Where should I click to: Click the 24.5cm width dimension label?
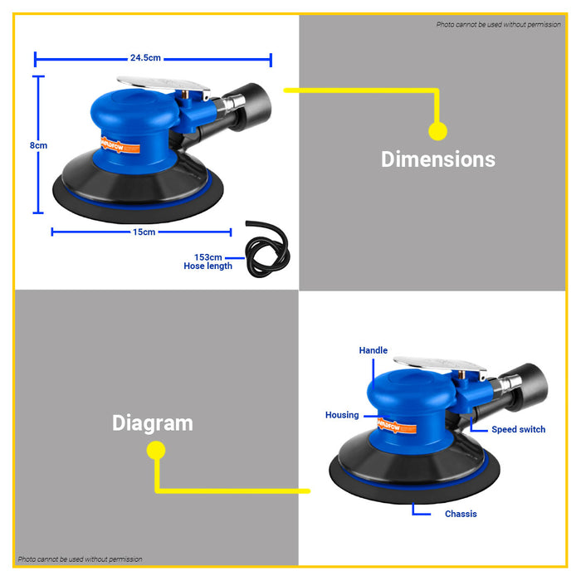coord(145,58)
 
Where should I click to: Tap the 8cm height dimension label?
coord(38,145)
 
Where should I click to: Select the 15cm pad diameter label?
coord(144,232)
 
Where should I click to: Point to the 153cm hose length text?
coord(207,261)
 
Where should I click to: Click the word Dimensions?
coord(438,159)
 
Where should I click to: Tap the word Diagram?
coord(152,423)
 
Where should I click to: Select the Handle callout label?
coord(373,350)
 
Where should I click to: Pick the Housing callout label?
coord(342,415)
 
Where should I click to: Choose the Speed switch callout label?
coord(519,429)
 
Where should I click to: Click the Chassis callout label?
coord(461,514)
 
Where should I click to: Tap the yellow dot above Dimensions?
coord(438,131)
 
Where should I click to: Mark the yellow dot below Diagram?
coord(156,450)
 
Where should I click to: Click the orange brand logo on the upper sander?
coord(120,145)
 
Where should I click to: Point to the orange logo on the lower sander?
coord(397,425)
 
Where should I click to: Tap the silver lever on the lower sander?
coord(440,365)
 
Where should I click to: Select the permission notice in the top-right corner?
coord(498,24)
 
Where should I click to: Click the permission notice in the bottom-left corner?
coord(80,559)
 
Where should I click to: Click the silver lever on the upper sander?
coord(164,85)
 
